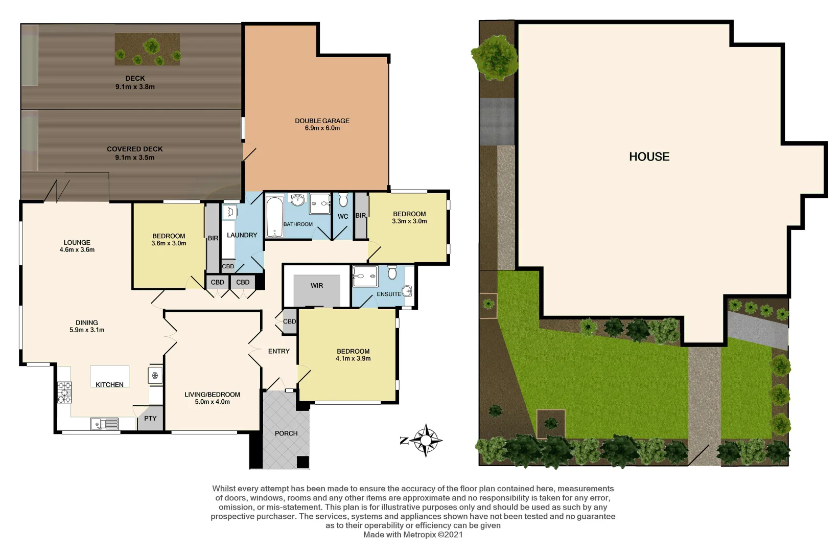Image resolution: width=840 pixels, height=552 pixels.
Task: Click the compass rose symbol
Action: pyautogui.click(x=426, y=440)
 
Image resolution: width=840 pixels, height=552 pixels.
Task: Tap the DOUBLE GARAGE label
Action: pyautogui.click(x=322, y=121)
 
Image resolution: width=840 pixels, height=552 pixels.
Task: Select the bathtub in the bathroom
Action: pyautogui.click(x=274, y=217)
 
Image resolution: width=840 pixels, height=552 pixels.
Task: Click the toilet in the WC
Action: pyautogui.click(x=343, y=199)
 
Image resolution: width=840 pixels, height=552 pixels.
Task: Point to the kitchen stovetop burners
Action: pyautogui.click(x=64, y=393)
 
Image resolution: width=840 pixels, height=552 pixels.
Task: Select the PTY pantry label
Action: pyautogui.click(x=150, y=418)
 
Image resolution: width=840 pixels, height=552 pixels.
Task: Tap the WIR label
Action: pyautogui.click(x=317, y=285)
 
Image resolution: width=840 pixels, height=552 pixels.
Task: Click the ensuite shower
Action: pyautogui.click(x=365, y=277)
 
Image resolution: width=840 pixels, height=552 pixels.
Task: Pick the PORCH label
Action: pyautogui.click(x=286, y=433)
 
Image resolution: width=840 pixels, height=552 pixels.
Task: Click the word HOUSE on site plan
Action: pyautogui.click(x=649, y=156)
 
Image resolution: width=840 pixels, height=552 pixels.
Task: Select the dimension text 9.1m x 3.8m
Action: pyautogui.click(x=135, y=87)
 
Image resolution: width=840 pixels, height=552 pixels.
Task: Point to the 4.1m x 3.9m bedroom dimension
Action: pyautogui.click(x=353, y=358)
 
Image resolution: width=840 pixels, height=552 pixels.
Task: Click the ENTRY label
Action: pyautogui.click(x=278, y=351)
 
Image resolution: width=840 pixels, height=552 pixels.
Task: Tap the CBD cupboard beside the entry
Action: pyautogui.click(x=289, y=321)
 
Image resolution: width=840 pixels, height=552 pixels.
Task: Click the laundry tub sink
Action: pyautogui.click(x=229, y=212)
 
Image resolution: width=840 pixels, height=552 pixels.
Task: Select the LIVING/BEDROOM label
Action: pyautogui.click(x=212, y=394)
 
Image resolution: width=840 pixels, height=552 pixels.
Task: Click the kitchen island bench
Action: pyautogui.click(x=109, y=376)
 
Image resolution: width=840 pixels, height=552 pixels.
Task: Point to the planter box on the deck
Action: pyautogui.click(x=147, y=49)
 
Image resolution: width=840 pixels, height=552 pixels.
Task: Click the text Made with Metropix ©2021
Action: pyautogui.click(x=413, y=535)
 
